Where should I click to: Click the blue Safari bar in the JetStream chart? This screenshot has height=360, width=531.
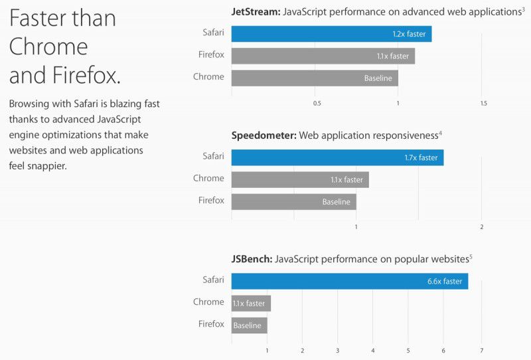pyautogui.click(x=331, y=34)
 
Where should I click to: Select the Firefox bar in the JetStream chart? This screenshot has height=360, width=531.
pyautogui.click(x=323, y=56)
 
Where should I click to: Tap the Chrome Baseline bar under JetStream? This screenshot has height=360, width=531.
pyautogui.click(x=315, y=78)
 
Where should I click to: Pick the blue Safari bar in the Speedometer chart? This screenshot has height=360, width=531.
pyautogui.click(x=337, y=157)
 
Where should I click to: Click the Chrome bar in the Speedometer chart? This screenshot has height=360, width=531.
pyautogui.click(x=300, y=179)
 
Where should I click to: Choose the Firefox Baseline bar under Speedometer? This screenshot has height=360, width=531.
pyautogui.click(x=293, y=201)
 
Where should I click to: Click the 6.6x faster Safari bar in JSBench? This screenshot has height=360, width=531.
pyautogui.click(x=350, y=281)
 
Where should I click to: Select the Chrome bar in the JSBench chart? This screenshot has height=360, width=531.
pyautogui.click(x=251, y=304)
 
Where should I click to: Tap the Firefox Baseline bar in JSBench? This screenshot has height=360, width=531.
pyautogui.click(x=249, y=325)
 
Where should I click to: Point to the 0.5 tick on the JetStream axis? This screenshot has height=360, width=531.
pyautogui.click(x=317, y=104)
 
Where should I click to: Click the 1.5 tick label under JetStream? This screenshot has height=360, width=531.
pyautogui.click(x=483, y=104)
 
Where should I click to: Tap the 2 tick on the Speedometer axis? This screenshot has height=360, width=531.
pyautogui.click(x=482, y=227)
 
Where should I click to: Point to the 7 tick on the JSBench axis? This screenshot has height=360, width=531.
pyautogui.click(x=482, y=350)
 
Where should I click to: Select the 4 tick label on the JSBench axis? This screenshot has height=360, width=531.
pyautogui.click(x=373, y=350)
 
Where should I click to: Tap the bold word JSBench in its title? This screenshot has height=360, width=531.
pyautogui.click(x=252, y=259)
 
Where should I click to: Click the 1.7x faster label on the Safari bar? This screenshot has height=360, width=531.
pyautogui.click(x=421, y=158)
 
